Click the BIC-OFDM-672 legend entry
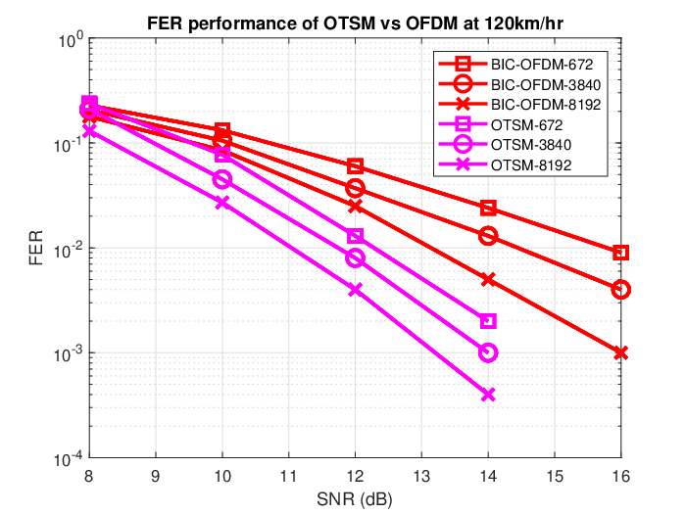542,65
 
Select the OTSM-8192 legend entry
531,165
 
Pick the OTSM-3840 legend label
531,145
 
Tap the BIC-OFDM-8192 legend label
546,105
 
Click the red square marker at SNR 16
620,253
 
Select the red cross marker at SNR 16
620,352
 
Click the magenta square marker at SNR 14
488,321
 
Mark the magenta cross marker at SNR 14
488,395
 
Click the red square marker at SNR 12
355,166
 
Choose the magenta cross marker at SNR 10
222,203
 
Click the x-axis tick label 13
421,476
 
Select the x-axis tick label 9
156,476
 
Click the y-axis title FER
36,248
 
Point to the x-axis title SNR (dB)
355,499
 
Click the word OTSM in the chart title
349,23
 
